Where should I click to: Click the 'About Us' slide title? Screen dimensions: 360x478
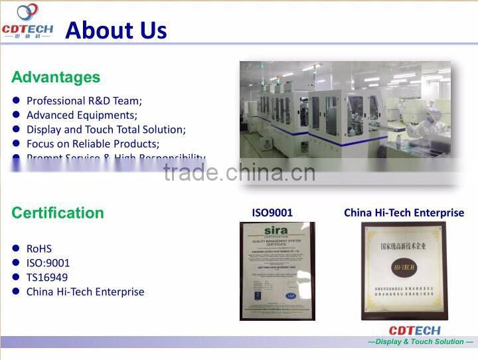[x=116, y=30]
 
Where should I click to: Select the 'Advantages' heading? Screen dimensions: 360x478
[x=56, y=77]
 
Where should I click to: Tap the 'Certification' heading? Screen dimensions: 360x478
[x=58, y=213]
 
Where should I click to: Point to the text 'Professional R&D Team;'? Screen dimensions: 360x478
[x=84, y=101]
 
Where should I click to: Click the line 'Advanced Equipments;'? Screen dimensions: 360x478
[x=82, y=115]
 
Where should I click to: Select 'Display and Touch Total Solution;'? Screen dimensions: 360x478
[x=106, y=130]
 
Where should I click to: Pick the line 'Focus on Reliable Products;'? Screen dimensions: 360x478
[x=93, y=143]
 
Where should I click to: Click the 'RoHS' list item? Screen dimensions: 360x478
[x=39, y=248]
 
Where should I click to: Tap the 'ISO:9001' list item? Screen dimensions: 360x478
[x=48, y=263]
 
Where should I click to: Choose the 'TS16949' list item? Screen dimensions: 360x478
[x=47, y=277]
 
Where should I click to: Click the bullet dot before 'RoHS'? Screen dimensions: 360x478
[x=15, y=248]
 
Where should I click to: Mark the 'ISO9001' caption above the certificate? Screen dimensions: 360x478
[x=272, y=213]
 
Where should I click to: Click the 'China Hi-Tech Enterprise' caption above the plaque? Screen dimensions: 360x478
[x=404, y=213]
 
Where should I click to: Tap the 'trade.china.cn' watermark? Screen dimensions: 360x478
[x=239, y=173]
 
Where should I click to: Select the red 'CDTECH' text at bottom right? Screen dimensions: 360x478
[x=414, y=330]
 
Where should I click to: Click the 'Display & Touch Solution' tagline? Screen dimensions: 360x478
[x=420, y=341]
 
